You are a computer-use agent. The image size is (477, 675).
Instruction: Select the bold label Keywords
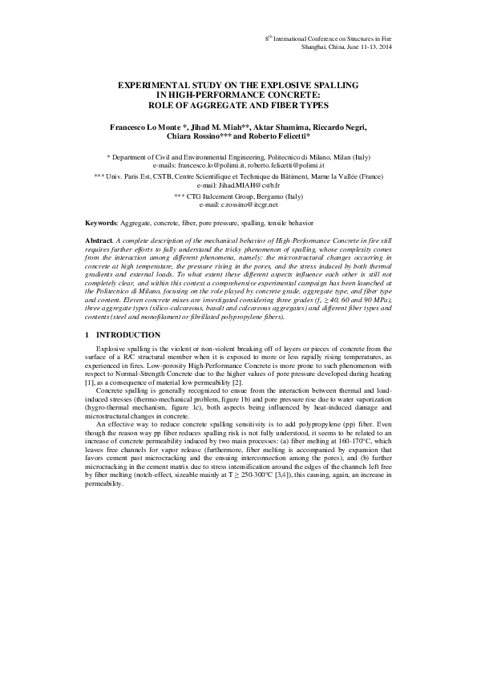100,221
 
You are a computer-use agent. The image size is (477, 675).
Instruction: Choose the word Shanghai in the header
313,47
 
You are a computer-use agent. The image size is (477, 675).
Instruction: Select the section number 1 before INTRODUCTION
87,334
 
